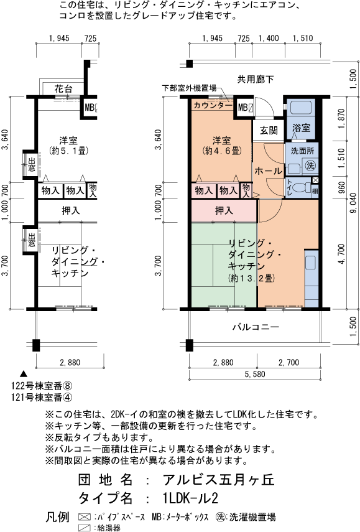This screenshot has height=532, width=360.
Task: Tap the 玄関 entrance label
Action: [x=268, y=131]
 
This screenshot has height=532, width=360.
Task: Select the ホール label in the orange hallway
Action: [x=268, y=170]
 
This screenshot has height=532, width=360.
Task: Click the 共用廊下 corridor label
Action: [x=254, y=78]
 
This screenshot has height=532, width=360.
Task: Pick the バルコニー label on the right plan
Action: [x=256, y=327]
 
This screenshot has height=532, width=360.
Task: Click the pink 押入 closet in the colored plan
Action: [x=224, y=211]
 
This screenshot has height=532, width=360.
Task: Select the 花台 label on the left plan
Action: [x=63, y=88]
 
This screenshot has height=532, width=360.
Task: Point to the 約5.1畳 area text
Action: [x=68, y=151]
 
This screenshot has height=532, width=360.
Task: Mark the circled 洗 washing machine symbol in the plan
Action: [x=309, y=166]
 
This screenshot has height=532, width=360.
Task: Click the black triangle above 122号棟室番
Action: [x=24, y=373]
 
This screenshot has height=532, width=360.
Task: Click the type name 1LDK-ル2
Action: [x=191, y=498]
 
